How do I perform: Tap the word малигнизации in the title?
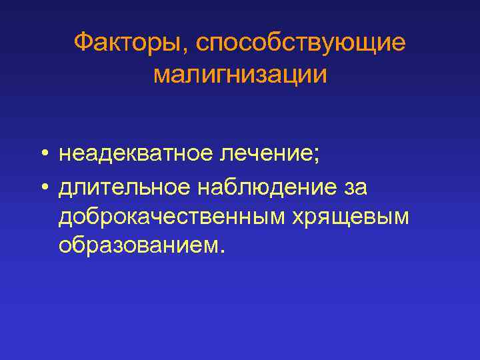coord(240,74)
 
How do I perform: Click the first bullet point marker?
coord(42,156)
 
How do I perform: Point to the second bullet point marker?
coord(42,189)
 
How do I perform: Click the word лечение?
coord(264,155)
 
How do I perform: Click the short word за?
coord(355,188)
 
